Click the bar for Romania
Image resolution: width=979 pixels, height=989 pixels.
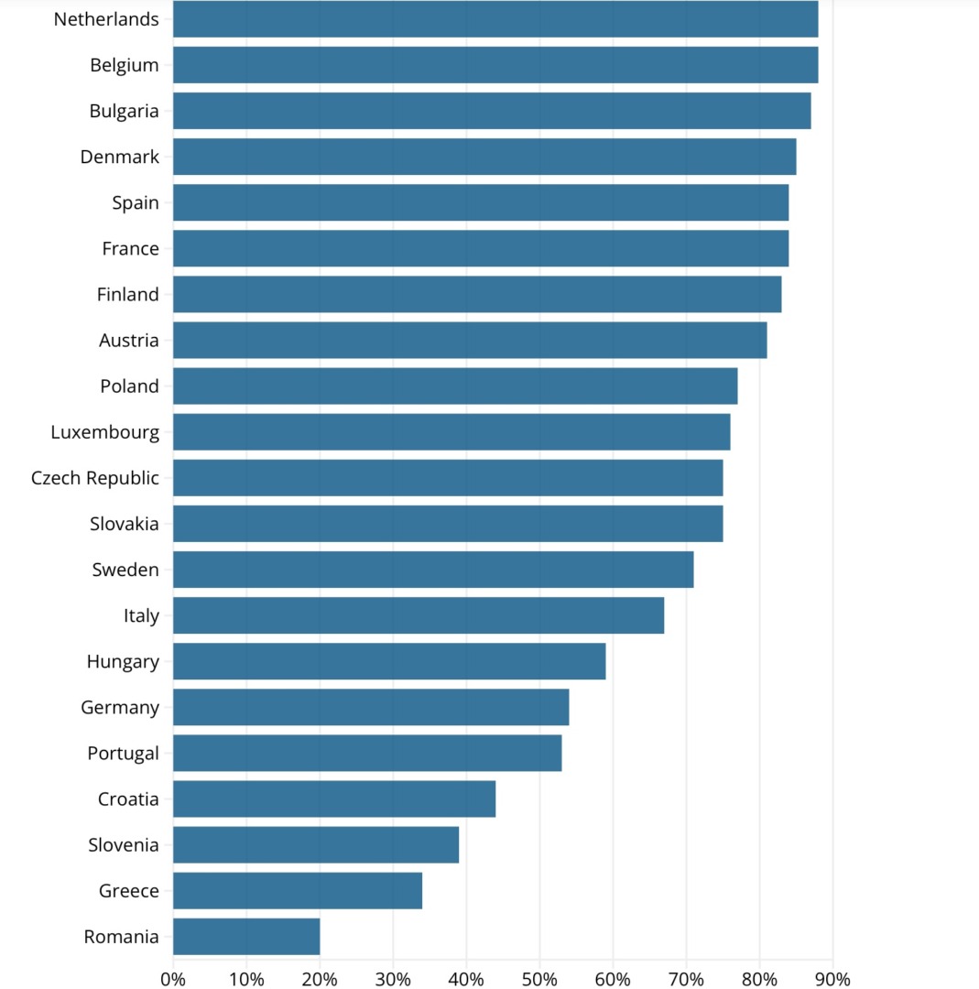pyautogui.click(x=246, y=937)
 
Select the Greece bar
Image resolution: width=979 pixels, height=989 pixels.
pyautogui.click(x=298, y=891)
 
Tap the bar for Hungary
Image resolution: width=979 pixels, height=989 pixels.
pyautogui.click(x=389, y=661)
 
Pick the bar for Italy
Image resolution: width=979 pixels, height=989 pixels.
pyautogui.click(x=419, y=615)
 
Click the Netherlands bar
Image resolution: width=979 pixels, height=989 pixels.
pyautogui.click(x=495, y=19)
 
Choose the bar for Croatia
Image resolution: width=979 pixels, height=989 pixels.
pyautogui.click(x=334, y=799)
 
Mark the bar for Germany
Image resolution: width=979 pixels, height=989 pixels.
pyautogui.click(x=371, y=707)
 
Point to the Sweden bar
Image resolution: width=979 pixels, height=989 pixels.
pyautogui.click(x=433, y=570)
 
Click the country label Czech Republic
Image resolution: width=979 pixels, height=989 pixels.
pyautogui.click(x=95, y=478)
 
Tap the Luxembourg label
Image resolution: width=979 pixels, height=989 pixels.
pyautogui.click(x=105, y=432)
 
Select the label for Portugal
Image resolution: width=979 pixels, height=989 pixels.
pyautogui.click(x=124, y=754)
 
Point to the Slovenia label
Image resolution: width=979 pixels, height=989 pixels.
pyautogui.click(x=124, y=845)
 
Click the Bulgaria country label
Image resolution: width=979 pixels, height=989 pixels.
pyautogui.click(x=125, y=111)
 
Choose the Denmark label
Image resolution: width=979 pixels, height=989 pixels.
pyautogui.click(x=120, y=157)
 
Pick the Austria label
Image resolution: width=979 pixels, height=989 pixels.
pyautogui.click(x=129, y=341)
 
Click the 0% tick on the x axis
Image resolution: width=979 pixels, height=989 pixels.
pyautogui.click(x=173, y=979)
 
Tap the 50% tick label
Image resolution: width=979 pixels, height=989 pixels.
pyautogui.click(x=539, y=979)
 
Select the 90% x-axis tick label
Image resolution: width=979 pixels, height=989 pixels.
pyautogui.click(x=832, y=979)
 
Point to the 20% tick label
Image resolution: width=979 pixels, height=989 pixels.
pyautogui.click(x=320, y=979)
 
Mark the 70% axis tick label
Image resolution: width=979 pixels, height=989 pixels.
pyautogui.click(x=686, y=979)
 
